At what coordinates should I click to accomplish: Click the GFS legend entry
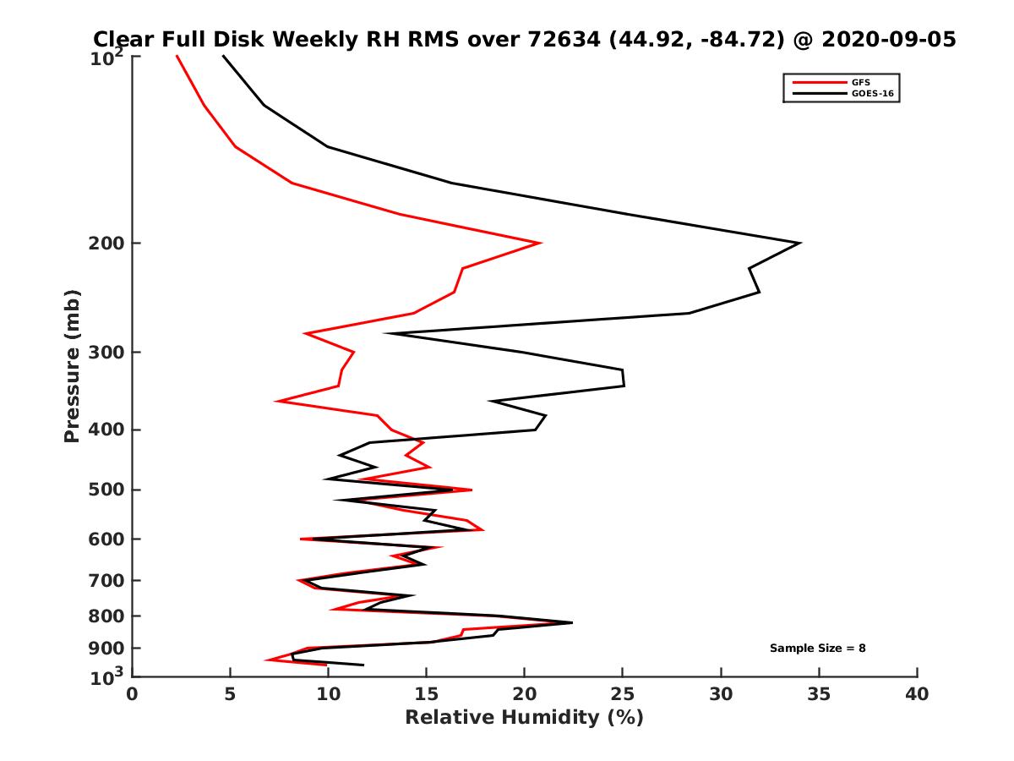[x=861, y=82]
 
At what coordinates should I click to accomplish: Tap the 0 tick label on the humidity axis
[x=133, y=695]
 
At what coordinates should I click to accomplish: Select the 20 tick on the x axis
[x=525, y=695]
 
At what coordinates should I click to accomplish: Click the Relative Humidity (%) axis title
[x=524, y=718]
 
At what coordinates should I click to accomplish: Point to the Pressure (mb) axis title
[x=72, y=365]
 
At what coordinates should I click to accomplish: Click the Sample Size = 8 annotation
[x=817, y=649]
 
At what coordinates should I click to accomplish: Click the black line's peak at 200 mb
[x=799, y=244]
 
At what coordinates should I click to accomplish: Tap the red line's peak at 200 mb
[x=540, y=244]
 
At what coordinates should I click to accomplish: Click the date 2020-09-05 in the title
[x=889, y=39]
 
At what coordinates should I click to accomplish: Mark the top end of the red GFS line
[x=177, y=57]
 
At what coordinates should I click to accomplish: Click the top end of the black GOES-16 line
[x=223, y=57]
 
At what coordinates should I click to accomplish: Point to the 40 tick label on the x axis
[x=917, y=695]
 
